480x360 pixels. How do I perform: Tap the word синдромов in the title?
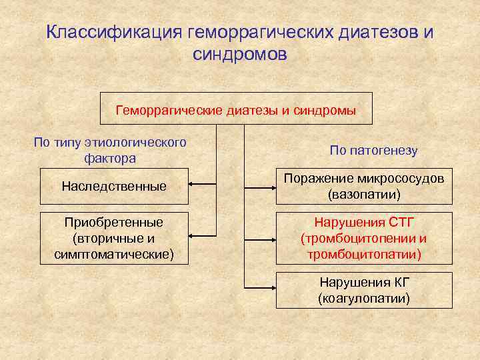(240, 54)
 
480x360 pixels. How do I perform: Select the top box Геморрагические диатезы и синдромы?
(236, 109)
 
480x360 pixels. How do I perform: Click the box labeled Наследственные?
(114, 186)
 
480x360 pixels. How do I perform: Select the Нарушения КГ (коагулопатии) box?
(364, 290)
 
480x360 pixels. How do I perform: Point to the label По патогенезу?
(373, 151)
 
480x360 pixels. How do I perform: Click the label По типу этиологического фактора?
(111, 150)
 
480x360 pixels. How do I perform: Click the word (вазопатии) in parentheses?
(364, 195)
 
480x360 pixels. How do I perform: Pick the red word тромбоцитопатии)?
(364, 254)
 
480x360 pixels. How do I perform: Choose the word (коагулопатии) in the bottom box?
(364, 298)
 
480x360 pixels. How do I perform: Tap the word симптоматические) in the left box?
(114, 254)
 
